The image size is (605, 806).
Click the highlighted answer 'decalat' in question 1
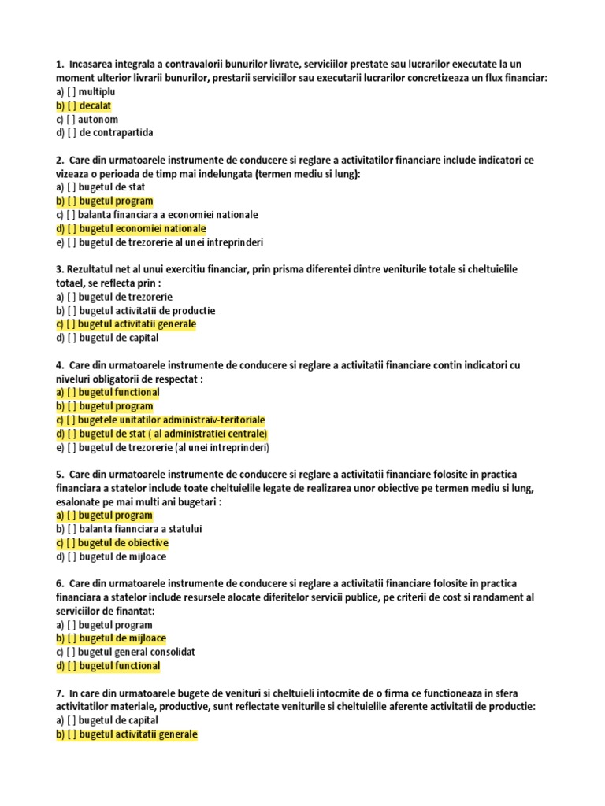(95, 105)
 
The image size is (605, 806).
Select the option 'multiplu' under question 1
(96, 92)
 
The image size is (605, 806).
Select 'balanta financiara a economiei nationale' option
(168, 215)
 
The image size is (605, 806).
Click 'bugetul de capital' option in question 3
(119, 338)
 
